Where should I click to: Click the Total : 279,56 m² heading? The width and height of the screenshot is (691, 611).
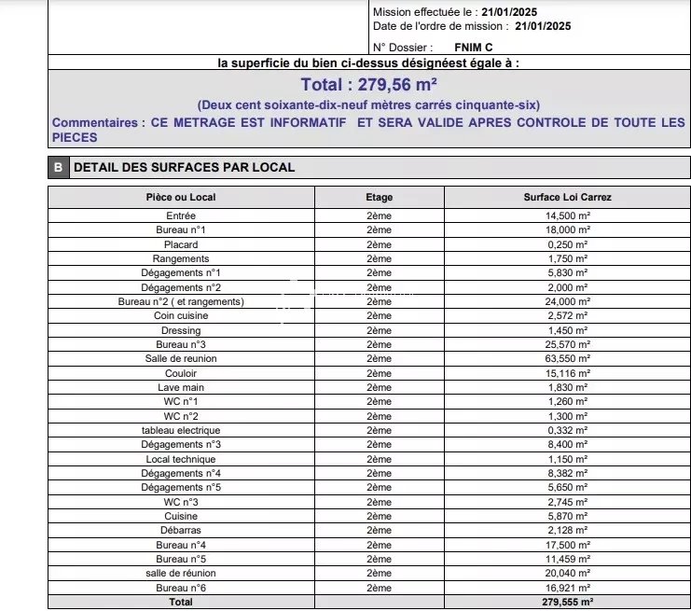[370, 85]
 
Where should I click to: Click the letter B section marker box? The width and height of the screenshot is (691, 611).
[58, 168]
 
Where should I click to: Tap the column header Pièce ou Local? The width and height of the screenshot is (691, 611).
[181, 198]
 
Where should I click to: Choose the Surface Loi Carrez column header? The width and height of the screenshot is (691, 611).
[568, 198]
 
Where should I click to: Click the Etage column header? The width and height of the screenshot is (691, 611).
[379, 198]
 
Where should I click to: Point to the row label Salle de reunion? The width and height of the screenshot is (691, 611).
[181, 359]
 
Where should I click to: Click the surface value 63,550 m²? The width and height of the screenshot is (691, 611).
[568, 359]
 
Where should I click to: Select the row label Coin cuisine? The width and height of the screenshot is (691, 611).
[181, 316]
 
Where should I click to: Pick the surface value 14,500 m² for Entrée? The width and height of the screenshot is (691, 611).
[568, 215]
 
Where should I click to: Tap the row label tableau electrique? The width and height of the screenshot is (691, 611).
[181, 431]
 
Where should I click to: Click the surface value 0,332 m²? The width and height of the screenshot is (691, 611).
[568, 431]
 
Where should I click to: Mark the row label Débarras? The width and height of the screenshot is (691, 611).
[181, 531]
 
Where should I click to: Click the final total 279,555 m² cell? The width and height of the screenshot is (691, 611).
[568, 603]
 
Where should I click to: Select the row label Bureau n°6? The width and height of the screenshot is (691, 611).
[181, 589]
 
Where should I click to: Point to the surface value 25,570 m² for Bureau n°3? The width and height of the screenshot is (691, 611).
[568, 345]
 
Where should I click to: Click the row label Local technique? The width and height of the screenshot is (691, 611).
[181, 460]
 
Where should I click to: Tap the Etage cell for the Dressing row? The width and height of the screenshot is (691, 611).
[379, 330]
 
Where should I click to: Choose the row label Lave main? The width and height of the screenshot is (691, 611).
[181, 388]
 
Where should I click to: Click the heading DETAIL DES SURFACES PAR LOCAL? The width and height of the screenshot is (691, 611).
[184, 168]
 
